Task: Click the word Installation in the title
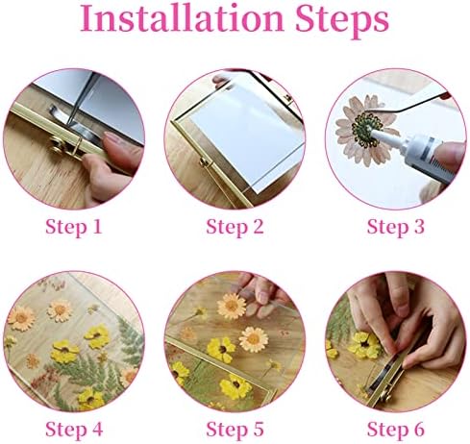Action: pyautogui.click(x=182, y=17)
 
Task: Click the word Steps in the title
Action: pyautogui.click(x=342, y=21)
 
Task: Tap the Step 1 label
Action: pyautogui.click(x=74, y=228)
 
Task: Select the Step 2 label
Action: pyautogui.click(x=235, y=228)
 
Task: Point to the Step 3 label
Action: pyautogui.click(x=396, y=228)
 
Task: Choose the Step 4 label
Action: pyautogui.click(x=74, y=430)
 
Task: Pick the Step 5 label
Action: pyautogui.click(x=235, y=430)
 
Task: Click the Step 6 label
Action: pyautogui.click(x=396, y=430)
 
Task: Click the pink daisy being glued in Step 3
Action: pyautogui.click(x=363, y=128)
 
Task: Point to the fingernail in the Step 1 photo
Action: pyautogui.click(x=112, y=139)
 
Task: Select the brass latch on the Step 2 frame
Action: pyautogui.click(x=205, y=162)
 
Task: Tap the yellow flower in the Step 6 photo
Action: pyautogui.click(x=365, y=345)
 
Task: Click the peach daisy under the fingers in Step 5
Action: pyautogui.click(x=232, y=306)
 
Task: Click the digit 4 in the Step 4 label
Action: pyautogui.click(x=96, y=429)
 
